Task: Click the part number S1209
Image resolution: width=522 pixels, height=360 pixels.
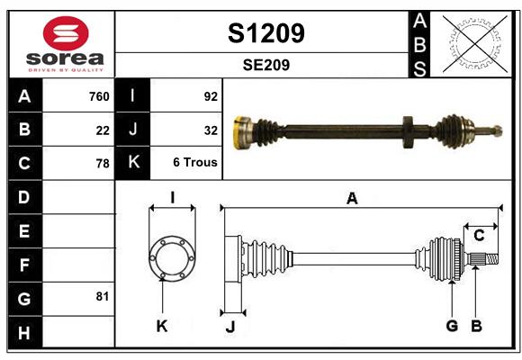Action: pos(266,33)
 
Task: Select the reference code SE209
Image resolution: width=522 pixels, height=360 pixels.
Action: pos(266,65)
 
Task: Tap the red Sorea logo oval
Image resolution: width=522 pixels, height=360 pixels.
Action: pos(66,33)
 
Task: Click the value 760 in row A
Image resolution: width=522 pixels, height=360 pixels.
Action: pos(99,96)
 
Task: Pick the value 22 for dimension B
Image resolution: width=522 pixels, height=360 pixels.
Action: pos(103,130)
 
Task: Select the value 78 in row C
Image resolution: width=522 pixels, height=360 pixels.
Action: pos(103,164)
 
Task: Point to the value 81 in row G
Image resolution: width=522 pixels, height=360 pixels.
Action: pos(103,296)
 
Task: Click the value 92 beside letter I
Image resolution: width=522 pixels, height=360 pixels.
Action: pos(211,96)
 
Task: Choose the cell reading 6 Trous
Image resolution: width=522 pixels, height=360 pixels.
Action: pos(195,162)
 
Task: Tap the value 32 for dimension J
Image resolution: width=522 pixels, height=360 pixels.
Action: pos(211,130)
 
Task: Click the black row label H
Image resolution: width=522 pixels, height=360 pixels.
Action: pos(24,332)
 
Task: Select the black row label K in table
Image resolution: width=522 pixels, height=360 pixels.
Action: pos(133,162)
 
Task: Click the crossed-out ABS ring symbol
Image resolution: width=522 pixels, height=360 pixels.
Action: pos(475,44)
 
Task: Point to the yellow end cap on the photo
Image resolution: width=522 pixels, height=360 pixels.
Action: pos(239,133)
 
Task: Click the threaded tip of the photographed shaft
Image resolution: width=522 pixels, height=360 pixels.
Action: pos(497,130)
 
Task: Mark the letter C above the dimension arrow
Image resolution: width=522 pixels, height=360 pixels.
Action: pos(479,236)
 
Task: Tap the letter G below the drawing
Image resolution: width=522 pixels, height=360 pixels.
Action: pos(452,326)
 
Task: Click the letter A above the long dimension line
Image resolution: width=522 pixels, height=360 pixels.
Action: pos(352,199)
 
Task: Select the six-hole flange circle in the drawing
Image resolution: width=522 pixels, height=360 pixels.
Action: pos(172,258)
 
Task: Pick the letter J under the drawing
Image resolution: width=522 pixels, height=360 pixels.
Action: pos(230,327)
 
